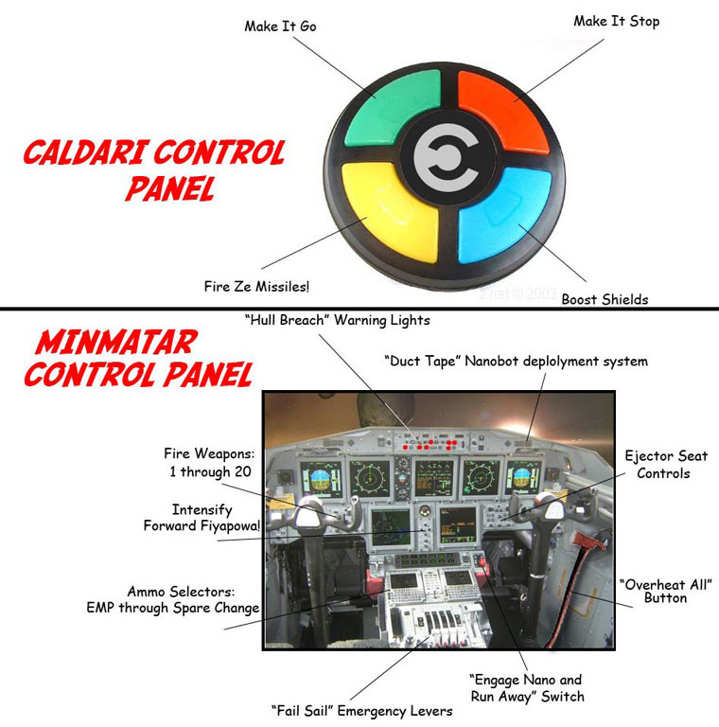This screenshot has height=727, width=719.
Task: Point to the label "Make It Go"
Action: (x=280, y=27)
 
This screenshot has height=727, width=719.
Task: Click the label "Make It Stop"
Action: (x=616, y=21)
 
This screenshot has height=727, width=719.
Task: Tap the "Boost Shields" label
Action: (x=605, y=299)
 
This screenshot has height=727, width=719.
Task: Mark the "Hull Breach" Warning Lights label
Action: (x=337, y=320)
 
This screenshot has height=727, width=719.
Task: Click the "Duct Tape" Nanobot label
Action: (x=516, y=361)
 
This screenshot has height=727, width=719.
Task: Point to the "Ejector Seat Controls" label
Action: (x=663, y=464)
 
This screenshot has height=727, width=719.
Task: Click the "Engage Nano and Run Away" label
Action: (x=526, y=687)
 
